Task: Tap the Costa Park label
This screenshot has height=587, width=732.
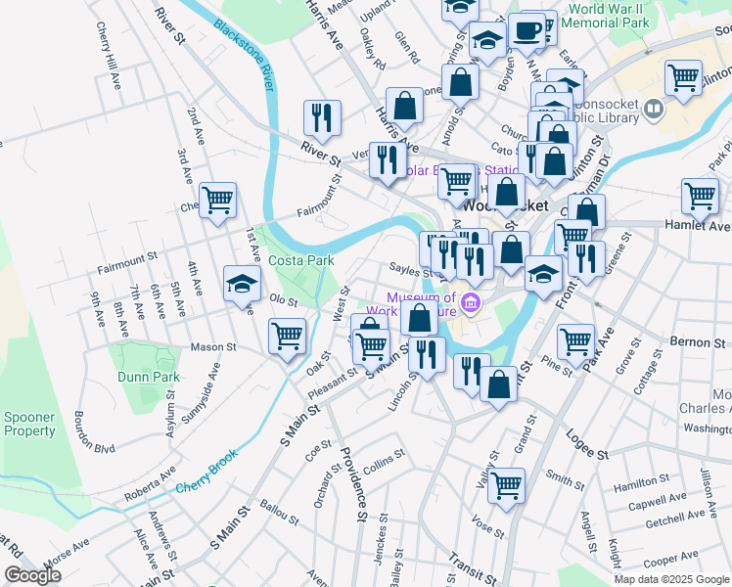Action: pos(301,260)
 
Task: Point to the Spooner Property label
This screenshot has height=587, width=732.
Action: pos(29,424)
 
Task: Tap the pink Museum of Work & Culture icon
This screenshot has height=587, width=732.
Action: pos(471,305)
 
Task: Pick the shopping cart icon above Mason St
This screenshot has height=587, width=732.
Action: pos(288,337)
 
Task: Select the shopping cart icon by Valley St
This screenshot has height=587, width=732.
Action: pos(506,485)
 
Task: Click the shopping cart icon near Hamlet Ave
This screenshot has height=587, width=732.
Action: pos(700,195)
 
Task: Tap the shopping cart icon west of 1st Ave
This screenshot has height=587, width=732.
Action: pos(218,201)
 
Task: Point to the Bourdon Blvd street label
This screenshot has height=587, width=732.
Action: pos(94,432)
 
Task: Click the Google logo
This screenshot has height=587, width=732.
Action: pos(32,575)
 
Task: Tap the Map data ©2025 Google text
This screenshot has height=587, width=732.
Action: pos(669,579)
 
